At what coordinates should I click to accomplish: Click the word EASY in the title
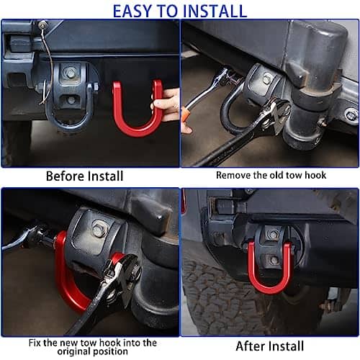[132, 11]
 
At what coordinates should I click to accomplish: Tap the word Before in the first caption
[65, 176]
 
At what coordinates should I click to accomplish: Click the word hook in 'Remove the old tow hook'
[315, 175]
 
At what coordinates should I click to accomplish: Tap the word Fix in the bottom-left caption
[35, 343]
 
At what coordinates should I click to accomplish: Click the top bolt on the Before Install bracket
[71, 73]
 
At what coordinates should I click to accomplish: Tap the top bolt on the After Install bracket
[272, 233]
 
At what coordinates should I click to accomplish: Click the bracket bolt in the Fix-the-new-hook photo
[98, 229]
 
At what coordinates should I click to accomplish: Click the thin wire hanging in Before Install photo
[48, 63]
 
